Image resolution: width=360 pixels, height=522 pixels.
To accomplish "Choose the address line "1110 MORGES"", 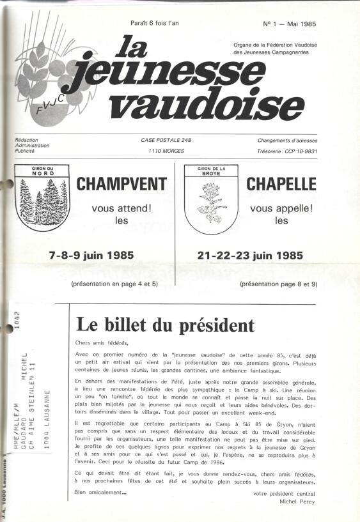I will point(166,150).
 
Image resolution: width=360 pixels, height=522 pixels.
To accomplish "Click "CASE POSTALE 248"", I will point(166,140).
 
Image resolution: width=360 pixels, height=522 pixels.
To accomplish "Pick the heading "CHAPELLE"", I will point(281,185).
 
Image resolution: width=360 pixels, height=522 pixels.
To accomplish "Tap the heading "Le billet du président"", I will point(165,325).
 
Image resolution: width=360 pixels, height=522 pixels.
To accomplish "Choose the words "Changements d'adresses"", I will point(288,140).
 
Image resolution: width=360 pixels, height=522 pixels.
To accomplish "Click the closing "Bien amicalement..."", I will point(101,491).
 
